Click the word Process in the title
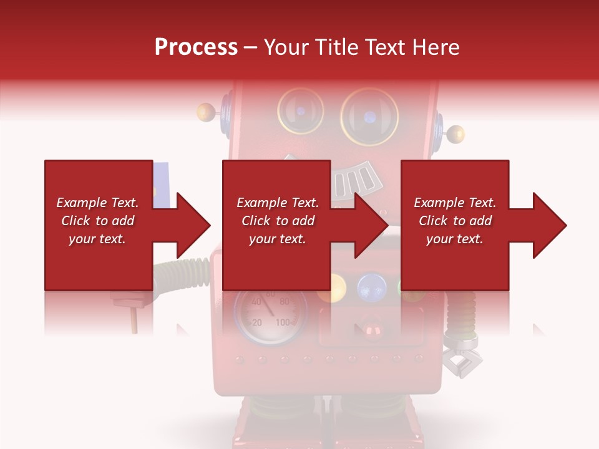196,47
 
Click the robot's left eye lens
300,110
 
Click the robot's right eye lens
369,117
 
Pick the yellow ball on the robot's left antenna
205,113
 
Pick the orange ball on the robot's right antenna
456,133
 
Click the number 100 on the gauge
284,322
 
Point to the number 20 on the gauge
256,322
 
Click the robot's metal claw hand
462,358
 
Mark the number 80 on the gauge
285,302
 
